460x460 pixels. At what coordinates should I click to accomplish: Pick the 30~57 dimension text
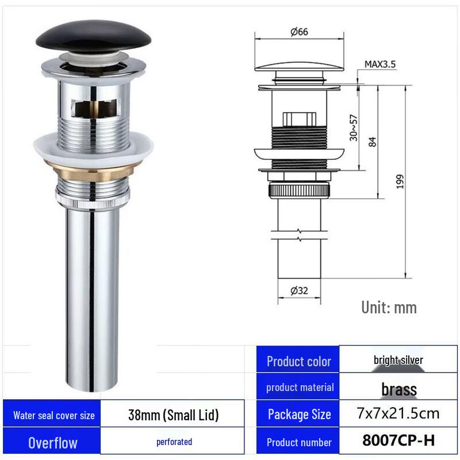(354, 126)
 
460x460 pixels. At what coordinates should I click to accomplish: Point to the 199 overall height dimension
(400, 182)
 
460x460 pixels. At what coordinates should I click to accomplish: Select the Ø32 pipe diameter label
(299, 290)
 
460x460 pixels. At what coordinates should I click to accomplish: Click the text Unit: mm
(389, 307)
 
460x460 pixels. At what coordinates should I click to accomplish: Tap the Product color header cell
(298, 361)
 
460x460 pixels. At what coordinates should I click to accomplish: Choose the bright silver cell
(398, 360)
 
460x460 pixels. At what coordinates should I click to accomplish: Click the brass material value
(398, 389)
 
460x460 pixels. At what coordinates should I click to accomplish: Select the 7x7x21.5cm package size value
(398, 413)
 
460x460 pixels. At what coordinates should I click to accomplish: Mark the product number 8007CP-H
(398, 441)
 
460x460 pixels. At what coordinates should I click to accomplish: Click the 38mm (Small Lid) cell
(173, 415)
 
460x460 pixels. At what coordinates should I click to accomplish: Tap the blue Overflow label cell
(53, 443)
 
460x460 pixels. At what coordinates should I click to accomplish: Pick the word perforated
(174, 442)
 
